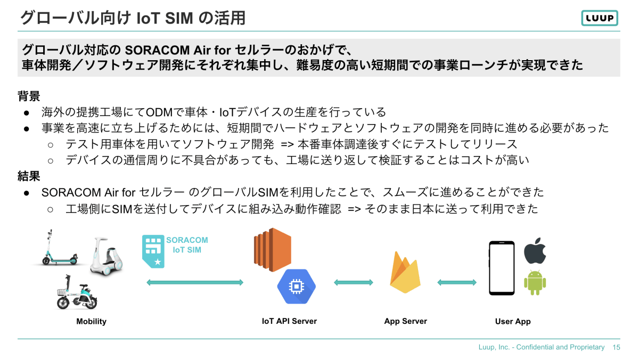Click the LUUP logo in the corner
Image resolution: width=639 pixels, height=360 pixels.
[x=599, y=18]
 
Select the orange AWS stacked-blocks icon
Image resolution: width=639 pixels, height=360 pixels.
[x=272, y=249]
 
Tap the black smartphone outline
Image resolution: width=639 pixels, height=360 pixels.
[x=502, y=268]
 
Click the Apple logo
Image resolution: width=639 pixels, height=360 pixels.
[x=535, y=251]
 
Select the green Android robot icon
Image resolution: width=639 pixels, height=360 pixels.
[x=535, y=283]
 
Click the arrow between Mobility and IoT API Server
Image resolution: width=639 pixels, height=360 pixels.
[x=195, y=282]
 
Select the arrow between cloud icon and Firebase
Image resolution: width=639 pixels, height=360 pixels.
[x=354, y=282]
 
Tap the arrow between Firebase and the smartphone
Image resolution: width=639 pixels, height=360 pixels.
[x=456, y=282]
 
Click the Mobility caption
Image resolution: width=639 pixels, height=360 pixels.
[x=91, y=321]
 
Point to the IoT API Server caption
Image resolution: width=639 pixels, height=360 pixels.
[x=289, y=321]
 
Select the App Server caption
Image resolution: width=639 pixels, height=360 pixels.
[x=405, y=321]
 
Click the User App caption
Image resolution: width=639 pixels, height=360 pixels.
[x=512, y=321]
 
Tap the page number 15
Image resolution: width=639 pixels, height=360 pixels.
[x=617, y=347]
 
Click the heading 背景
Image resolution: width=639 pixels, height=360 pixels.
[x=29, y=96]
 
